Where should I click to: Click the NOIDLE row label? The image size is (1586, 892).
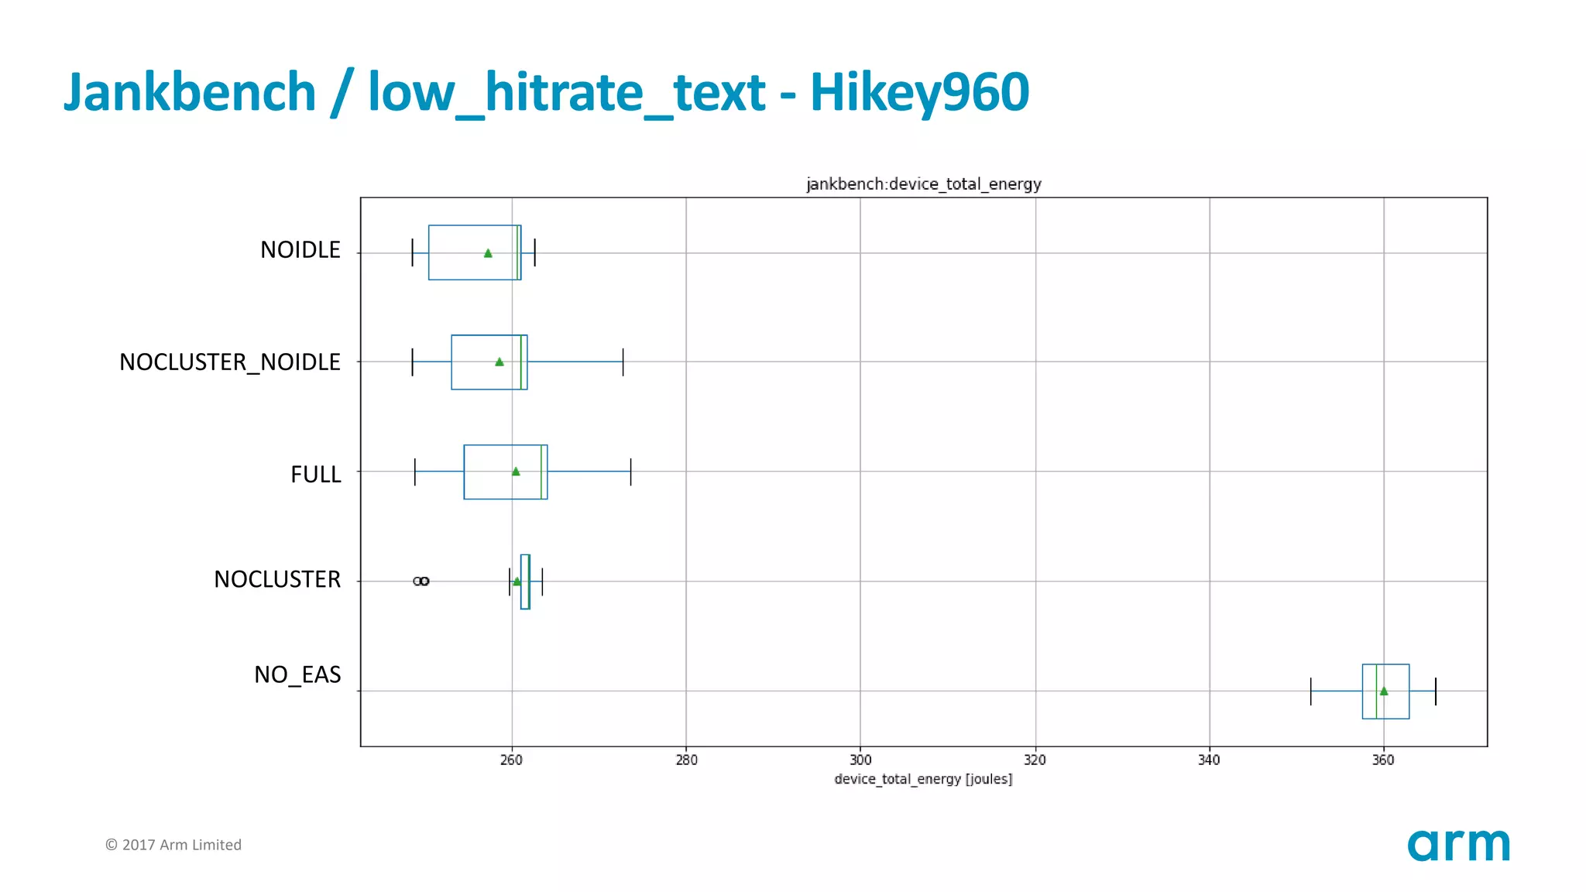pyautogui.click(x=300, y=250)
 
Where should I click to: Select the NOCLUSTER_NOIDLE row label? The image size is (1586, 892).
pyautogui.click(x=229, y=362)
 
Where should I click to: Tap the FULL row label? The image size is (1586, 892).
pyautogui.click(x=315, y=474)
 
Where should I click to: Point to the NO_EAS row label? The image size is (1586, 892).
pyautogui.click(x=297, y=674)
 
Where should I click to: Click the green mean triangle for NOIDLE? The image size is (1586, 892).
pyautogui.click(x=488, y=253)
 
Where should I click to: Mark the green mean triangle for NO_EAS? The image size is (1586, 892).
pyautogui.click(x=1384, y=691)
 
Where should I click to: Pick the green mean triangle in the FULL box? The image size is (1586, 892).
pyautogui.click(x=516, y=472)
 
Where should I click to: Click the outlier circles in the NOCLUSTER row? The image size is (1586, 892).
pyautogui.click(x=421, y=581)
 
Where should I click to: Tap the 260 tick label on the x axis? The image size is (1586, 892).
pyautogui.click(x=511, y=760)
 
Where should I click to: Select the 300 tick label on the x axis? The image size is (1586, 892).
pyautogui.click(x=860, y=760)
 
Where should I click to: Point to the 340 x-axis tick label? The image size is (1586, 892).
pyautogui.click(x=1209, y=760)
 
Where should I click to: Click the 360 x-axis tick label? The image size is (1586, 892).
pyautogui.click(x=1383, y=760)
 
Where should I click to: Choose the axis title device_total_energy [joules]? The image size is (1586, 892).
pyautogui.click(x=923, y=779)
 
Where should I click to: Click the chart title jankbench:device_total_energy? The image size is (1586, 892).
pyautogui.click(x=923, y=184)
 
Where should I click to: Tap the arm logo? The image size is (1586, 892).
pyautogui.click(x=1458, y=845)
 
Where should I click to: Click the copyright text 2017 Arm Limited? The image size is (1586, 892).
pyautogui.click(x=173, y=845)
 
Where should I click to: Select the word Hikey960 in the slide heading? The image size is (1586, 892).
pyautogui.click(x=919, y=93)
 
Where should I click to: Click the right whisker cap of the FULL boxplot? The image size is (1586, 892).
pyautogui.click(x=631, y=472)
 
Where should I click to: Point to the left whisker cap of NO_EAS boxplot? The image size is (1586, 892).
pyautogui.click(x=1311, y=691)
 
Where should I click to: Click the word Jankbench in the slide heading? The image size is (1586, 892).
pyautogui.click(x=190, y=93)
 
